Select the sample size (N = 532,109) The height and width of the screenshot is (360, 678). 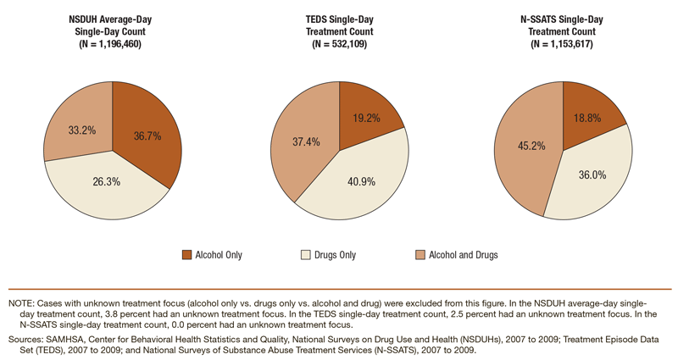338,44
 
